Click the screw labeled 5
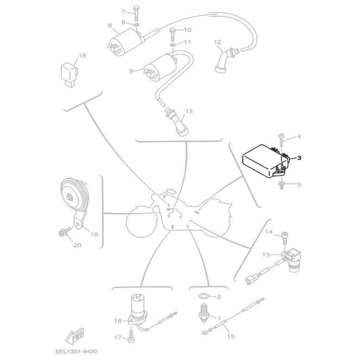point(281,185)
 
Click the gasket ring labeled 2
point(203,297)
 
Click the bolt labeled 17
point(131,338)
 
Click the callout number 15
point(230,336)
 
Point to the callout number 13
point(266,254)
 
